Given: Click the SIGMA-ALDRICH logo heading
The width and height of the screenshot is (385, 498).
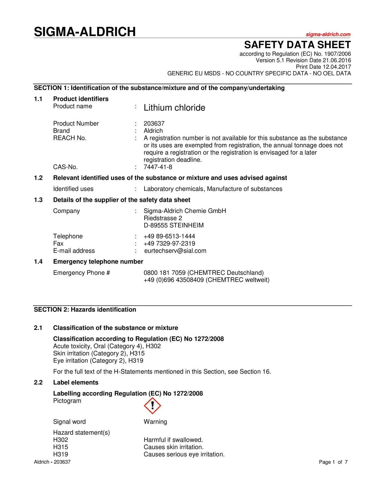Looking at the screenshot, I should (85, 32).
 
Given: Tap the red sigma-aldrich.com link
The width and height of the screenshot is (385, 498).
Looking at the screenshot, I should (328, 34).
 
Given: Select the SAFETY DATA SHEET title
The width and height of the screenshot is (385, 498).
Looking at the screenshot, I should (297, 45).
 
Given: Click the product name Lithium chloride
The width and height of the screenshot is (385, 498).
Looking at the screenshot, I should (174, 108).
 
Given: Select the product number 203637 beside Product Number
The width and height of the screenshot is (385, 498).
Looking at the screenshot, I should (154, 124).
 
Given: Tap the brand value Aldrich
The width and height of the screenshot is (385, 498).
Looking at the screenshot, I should (153, 131).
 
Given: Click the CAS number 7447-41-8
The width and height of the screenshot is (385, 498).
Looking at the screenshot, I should (158, 167).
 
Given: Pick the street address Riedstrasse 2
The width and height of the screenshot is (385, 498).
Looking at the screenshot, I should (163, 218).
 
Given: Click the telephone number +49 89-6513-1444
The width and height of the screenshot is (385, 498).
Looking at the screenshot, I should (169, 236).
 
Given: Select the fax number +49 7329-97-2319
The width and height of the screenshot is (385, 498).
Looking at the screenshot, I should (169, 243).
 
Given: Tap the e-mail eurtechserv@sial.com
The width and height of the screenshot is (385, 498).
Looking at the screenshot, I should (175, 251).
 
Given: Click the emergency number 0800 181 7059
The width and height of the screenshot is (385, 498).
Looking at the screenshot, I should (165, 273).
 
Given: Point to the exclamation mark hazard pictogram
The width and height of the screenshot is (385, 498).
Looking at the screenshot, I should (152, 406).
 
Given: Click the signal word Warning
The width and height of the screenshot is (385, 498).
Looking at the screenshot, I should (155, 422).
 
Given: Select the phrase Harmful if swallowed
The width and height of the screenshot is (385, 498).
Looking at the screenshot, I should (173, 440).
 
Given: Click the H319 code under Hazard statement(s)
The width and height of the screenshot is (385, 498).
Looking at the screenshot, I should (61, 454).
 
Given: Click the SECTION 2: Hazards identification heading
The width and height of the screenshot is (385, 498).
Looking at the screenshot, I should (85, 310).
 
